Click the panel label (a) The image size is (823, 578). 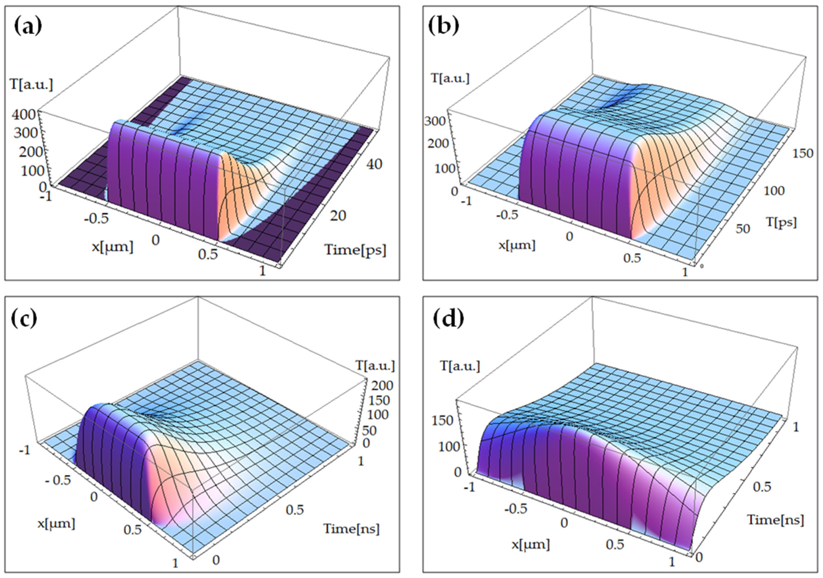coord(28,27)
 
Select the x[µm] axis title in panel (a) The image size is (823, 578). coord(112,247)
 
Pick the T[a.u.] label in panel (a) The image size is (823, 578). coord(31,85)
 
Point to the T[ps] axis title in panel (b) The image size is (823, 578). coord(782,222)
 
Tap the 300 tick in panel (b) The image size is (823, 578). coord(435,121)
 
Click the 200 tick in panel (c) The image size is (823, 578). coord(384,385)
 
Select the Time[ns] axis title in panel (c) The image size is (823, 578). coord(351,529)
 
